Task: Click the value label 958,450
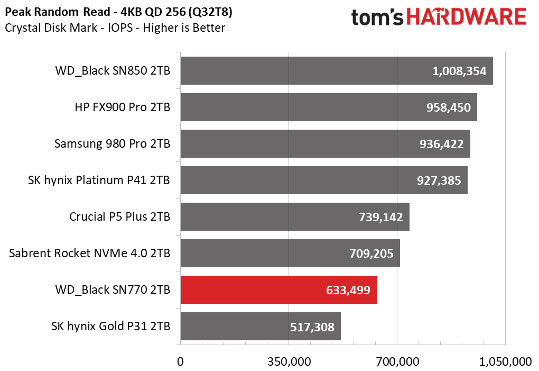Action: click(x=448, y=107)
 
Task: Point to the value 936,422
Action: click(x=441, y=144)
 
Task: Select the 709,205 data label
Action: click(x=371, y=254)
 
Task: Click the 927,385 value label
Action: click(x=439, y=180)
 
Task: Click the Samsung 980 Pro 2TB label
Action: click(x=112, y=144)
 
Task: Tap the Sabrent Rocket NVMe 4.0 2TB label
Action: click(x=90, y=254)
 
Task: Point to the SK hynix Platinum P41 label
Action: click(x=99, y=180)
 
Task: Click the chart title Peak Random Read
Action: click(x=112, y=12)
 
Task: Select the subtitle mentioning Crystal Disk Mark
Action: click(x=115, y=28)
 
